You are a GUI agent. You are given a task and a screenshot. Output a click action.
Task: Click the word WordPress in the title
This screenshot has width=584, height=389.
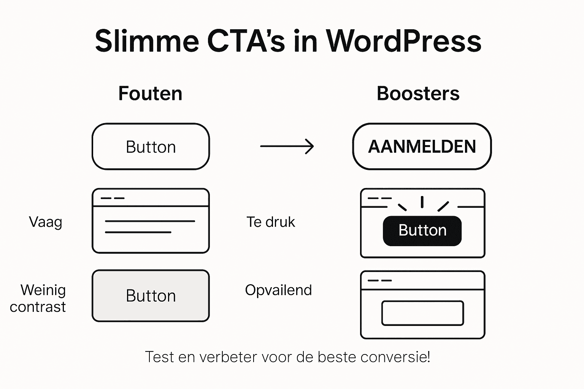click(x=404, y=41)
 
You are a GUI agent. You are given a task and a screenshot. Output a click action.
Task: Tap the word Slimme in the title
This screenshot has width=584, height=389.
click(x=147, y=41)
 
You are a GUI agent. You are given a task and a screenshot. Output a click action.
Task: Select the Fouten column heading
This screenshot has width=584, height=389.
click(x=150, y=93)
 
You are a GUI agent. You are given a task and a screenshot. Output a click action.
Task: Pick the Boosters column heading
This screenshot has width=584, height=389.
click(x=418, y=93)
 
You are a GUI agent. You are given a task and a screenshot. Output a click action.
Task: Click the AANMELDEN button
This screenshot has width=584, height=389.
click(x=422, y=147)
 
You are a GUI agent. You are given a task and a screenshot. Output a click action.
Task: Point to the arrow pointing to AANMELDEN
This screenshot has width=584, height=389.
click(x=287, y=146)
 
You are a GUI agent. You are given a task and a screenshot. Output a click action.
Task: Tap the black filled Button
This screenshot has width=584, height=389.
click(x=422, y=231)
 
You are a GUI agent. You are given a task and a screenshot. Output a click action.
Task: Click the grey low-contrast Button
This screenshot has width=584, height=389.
click(x=151, y=296)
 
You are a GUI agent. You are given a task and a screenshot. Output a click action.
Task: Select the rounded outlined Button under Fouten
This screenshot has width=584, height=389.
click(x=151, y=147)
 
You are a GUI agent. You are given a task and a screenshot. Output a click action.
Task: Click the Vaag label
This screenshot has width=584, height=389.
click(x=46, y=222)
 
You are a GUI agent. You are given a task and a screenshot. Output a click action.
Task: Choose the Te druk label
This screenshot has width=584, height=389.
click(x=271, y=222)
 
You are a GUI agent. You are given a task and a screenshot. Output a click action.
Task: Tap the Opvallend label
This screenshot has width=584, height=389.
click(x=278, y=290)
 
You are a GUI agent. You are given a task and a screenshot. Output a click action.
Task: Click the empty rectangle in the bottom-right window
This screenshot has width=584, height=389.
click(x=422, y=313)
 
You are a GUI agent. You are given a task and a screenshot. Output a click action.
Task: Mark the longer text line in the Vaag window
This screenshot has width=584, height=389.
click(x=150, y=221)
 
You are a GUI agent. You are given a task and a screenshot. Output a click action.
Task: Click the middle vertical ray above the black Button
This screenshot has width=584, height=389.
click(x=422, y=202)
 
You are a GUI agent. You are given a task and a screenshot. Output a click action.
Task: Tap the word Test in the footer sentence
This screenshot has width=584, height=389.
click(x=159, y=357)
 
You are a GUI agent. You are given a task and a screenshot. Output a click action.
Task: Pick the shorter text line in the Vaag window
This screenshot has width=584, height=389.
click(x=138, y=232)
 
